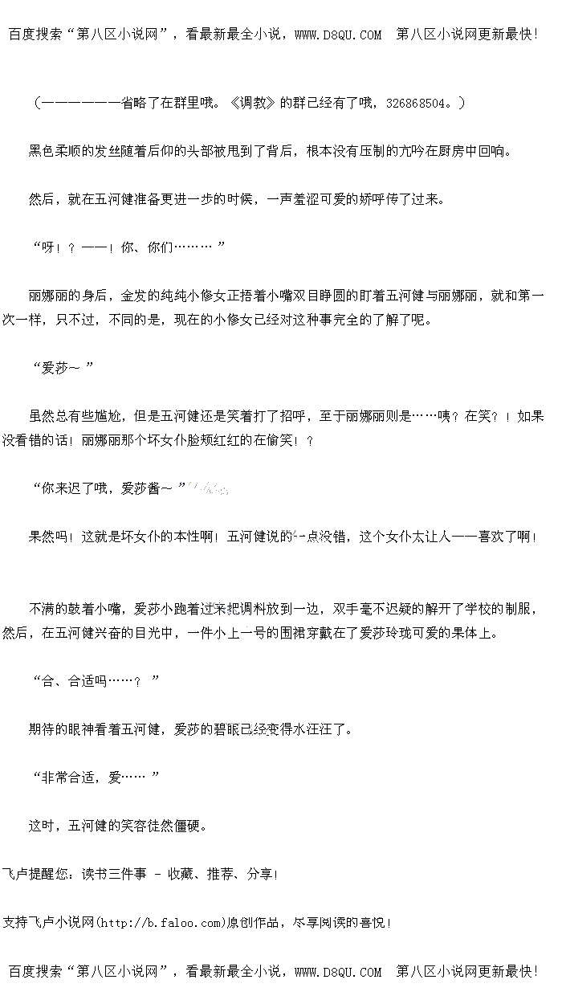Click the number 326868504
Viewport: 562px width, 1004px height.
[x=418, y=103]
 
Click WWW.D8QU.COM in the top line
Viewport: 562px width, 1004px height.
[x=338, y=35]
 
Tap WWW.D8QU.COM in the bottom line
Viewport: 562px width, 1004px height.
[x=338, y=972]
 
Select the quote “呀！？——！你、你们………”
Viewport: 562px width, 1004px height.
[x=128, y=247]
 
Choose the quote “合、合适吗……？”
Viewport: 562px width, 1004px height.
[x=96, y=681]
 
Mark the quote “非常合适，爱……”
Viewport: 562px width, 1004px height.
[x=96, y=777]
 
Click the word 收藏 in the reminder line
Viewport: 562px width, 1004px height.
[x=181, y=874]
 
